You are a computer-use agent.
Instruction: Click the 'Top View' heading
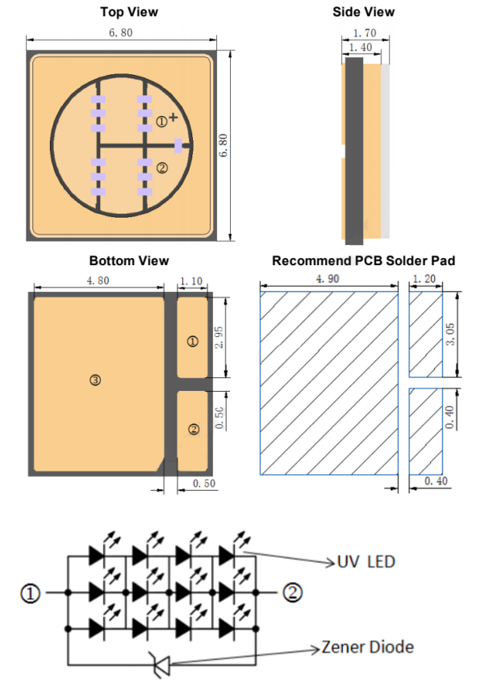coord(129,12)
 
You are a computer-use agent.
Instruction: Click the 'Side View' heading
coord(364,12)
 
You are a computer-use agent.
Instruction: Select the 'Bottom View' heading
coord(129,260)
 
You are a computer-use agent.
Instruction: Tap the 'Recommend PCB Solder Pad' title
coord(364,260)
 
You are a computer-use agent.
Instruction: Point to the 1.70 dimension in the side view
coord(365,33)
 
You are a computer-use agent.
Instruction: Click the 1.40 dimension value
coord(361,47)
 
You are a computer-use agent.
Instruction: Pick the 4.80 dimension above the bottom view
coord(98,281)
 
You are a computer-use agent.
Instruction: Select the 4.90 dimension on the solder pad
coord(328,278)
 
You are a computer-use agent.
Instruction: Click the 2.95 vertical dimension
coord(219,338)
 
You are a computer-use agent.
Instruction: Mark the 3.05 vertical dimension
coord(451,334)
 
